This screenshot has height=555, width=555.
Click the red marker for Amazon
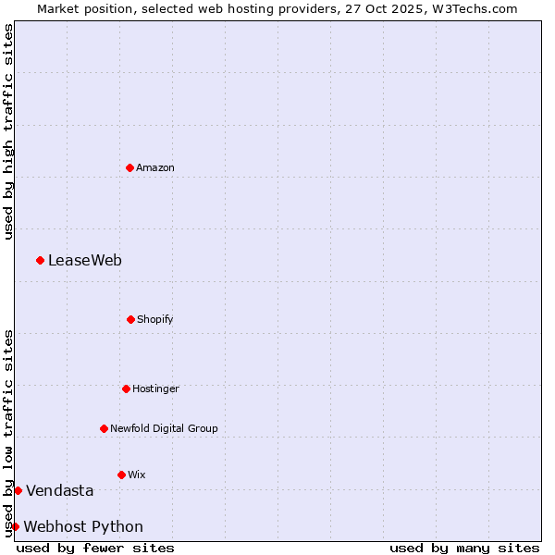(x=129, y=167)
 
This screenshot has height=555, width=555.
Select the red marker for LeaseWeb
(x=40, y=260)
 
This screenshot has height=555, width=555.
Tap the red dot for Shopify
(x=130, y=319)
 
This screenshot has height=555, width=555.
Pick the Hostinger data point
(x=126, y=388)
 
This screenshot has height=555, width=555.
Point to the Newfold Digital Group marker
(x=104, y=428)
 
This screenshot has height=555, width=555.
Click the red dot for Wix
(x=121, y=475)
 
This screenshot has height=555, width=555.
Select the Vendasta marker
(x=18, y=490)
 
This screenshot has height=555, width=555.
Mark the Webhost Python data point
(x=15, y=526)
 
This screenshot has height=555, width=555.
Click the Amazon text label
(x=155, y=167)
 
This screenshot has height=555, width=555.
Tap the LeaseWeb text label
(x=85, y=260)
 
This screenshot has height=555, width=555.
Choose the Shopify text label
(x=155, y=319)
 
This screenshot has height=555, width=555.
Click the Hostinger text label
(x=155, y=388)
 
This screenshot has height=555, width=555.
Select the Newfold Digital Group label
(x=164, y=428)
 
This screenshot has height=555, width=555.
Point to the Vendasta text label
(x=60, y=490)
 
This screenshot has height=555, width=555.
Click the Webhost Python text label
(x=83, y=526)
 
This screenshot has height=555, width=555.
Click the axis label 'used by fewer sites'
(x=95, y=548)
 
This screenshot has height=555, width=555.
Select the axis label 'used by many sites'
(x=464, y=548)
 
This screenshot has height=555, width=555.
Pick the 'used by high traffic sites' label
(x=8, y=132)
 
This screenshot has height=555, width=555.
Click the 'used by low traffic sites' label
(x=8, y=432)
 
